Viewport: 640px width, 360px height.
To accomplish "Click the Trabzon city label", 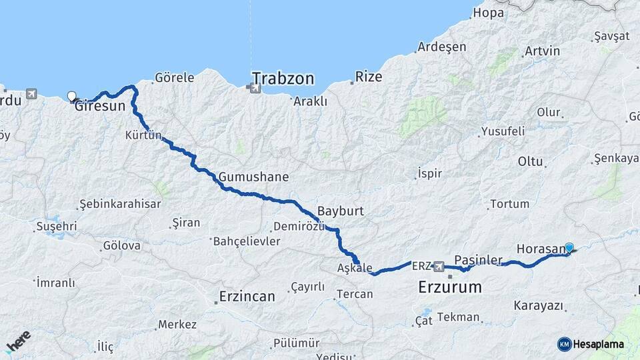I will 283,79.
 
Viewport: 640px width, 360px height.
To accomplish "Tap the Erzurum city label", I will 449,288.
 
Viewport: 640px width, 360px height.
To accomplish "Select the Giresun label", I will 100,105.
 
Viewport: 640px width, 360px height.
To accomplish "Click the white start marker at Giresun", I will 72,96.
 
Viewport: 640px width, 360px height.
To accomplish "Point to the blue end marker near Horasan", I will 569,247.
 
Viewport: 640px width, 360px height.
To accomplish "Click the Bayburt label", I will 340,211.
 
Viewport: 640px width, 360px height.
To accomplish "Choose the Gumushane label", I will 253,177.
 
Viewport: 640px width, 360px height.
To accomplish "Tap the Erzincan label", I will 247,297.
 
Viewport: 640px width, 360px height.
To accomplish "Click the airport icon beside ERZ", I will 439,267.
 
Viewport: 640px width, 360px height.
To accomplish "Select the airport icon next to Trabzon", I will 254,87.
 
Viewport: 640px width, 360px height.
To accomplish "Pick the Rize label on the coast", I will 369,77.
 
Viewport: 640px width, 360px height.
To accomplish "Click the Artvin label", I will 542,51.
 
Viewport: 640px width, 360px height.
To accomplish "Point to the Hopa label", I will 489,13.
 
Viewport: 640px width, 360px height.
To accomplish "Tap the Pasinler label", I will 478,259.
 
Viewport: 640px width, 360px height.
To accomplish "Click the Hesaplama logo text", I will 598,344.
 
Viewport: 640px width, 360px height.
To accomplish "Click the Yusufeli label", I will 503,131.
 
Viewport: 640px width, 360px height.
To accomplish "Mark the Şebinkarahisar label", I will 120,204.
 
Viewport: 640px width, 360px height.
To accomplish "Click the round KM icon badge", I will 565,344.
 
